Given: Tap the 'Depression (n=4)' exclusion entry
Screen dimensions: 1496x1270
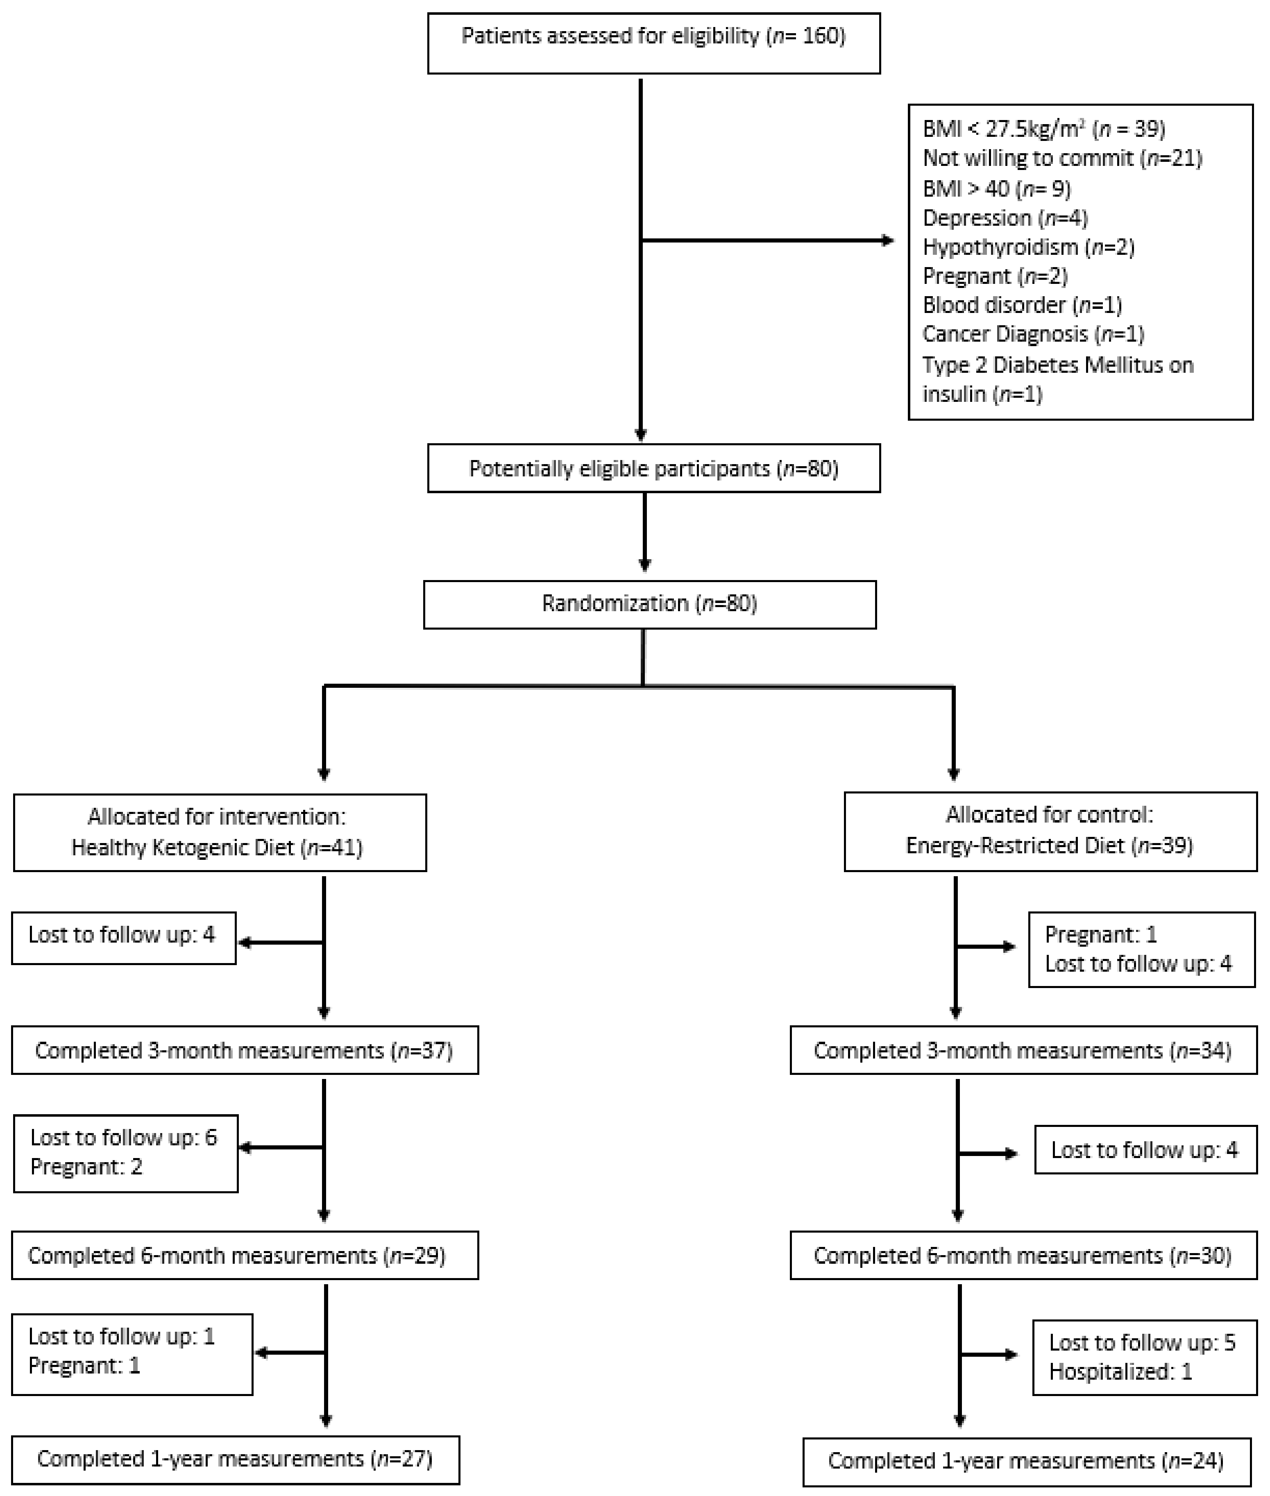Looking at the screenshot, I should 1005,218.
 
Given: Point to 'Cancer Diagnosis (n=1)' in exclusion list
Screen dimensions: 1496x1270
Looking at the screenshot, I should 1033,334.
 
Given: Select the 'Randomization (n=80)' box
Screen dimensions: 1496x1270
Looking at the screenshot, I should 649,603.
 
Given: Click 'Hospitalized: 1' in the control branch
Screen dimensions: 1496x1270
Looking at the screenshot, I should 1120,1371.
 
